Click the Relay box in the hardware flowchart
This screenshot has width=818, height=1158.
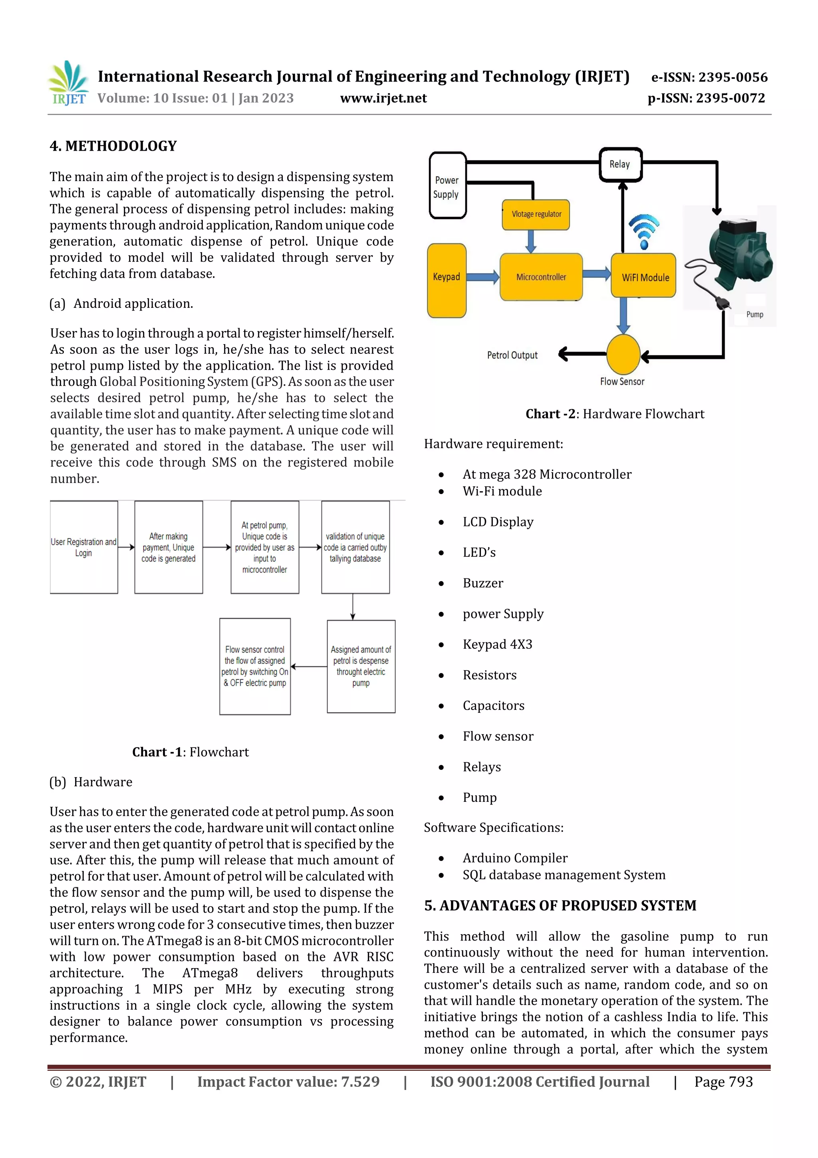click(x=620, y=164)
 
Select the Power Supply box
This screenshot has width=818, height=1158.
click(x=447, y=186)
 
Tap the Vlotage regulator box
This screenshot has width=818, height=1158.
click(x=536, y=214)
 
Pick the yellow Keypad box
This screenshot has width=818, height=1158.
click(x=447, y=281)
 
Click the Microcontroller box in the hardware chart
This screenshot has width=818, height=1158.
click(x=541, y=277)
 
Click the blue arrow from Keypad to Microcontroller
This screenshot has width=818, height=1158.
click(x=482, y=276)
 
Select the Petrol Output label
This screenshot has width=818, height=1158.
click(x=512, y=355)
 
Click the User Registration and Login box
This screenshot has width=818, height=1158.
click(x=83, y=547)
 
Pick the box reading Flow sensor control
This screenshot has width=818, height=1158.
click(x=255, y=666)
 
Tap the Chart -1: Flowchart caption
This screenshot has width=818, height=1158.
click(x=191, y=752)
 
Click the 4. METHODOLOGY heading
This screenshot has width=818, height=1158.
click(x=113, y=146)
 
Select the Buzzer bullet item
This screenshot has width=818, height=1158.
click(x=483, y=583)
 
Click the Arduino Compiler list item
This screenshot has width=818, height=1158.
click(x=514, y=858)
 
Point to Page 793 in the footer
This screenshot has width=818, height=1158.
click(x=723, y=1082)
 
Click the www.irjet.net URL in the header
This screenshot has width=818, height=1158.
click(x=383, y=98)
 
